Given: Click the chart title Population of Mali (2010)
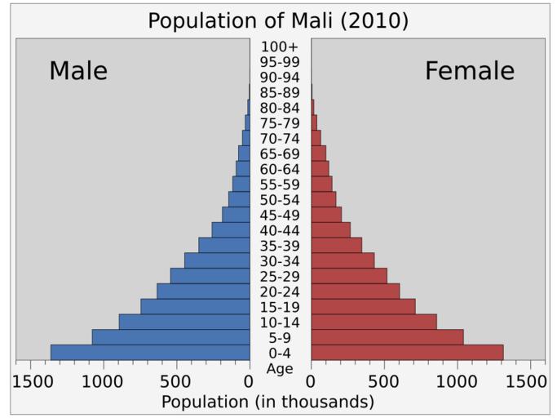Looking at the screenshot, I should click(278, 20).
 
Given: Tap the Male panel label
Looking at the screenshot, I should click(78, 71).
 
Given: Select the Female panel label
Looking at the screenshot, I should click(469, 71).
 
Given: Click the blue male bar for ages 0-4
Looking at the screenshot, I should click(150, 353).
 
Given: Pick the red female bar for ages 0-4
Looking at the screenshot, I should click(407, 353).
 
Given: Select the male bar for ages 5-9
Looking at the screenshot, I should click(170, 337).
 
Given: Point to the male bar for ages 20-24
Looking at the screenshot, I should click(203, 291).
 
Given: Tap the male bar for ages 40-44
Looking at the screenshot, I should click(231, 230).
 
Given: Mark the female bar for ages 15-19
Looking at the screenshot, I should click(363, 307).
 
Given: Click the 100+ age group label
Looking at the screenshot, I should click(280, 47).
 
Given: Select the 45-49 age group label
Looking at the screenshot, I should click(280, 216).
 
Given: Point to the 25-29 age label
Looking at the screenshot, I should click(280, 277).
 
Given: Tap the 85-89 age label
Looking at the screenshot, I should click(280, 92).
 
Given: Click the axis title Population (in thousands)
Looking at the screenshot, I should click(267, 402).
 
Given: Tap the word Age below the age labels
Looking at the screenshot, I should click(280, 369).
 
